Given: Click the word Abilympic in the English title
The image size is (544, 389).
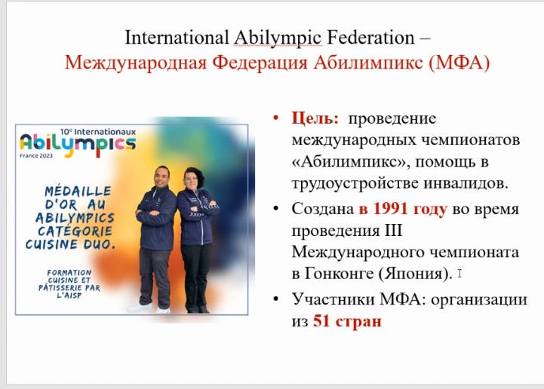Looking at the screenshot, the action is pos(278,38).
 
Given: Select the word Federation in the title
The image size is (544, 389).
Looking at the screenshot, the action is pos(370,38).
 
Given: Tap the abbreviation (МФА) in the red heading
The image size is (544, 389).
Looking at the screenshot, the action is pos(459,63).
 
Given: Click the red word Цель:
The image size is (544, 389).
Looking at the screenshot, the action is pos(315,118).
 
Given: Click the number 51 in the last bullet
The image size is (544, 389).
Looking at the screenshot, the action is pos(321,321).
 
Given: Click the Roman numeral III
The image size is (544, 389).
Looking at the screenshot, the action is pos(393,231).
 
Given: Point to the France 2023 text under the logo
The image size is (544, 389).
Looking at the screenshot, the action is pos(36,155).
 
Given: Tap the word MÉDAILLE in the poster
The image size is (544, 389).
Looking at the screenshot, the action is pos(78,191).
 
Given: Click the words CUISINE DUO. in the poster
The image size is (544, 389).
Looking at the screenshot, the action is pos(70,244).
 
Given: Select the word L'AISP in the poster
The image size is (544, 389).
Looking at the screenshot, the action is pos(69,296).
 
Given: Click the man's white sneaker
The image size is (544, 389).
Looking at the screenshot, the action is pos(140,308).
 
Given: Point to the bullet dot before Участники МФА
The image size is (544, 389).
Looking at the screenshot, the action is pos(276,299).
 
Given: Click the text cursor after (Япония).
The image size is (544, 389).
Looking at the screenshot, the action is pos(459,274).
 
